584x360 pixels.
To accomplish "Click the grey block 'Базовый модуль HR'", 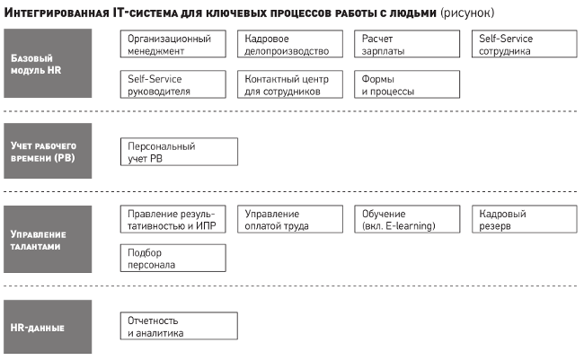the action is pyautogui.click(x=48, y=63).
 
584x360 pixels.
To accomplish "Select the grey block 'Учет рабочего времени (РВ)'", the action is pyautogui.click(x=48, y=151).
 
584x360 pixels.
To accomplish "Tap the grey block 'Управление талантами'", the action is pyautogui.click(x=48, y=239).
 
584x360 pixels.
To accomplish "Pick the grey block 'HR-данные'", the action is pyautogui.click(x=48, y=327).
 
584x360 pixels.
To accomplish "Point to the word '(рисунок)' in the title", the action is pyautogui.click(x=467, y=13).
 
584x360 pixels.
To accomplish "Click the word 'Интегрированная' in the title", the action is pyautogui.click(x=57, y=13).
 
